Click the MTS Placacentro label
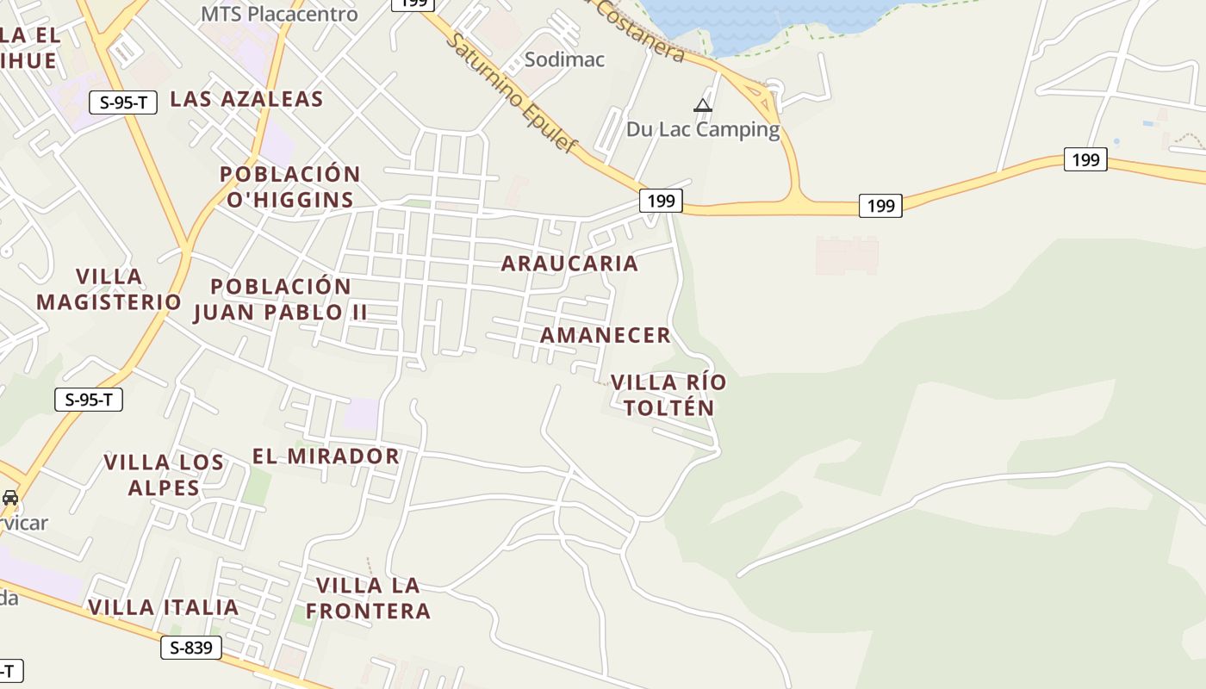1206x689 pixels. click(x=279, y=15)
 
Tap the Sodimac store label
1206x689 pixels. click(x=565, y=59)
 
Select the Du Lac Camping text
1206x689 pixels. click(x=703, y=130)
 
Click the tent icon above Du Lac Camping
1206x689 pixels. click(x=703, y=106)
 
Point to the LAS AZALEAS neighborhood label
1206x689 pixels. click(x=246, y=99)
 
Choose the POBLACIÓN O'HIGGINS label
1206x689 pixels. click(x=289, y=187)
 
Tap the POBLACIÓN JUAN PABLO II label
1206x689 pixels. click(x=281, y=299)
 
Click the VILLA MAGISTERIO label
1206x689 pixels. click(x=109, y=289)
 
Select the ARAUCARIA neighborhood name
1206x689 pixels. click(x=569, y=264)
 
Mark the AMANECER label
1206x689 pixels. click(x=605, y=336)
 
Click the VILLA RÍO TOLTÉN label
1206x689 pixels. click(x=668, y=395)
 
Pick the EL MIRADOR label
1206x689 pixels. click(x=326, y=456)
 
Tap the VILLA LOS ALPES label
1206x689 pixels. click(x=164, y=475)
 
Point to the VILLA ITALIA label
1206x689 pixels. click(x=163, y=607)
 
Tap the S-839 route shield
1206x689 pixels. click(x=191, y=648)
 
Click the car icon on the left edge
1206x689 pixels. click(x=10, y=498)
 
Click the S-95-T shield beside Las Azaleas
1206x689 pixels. click(x=123, y=102)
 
